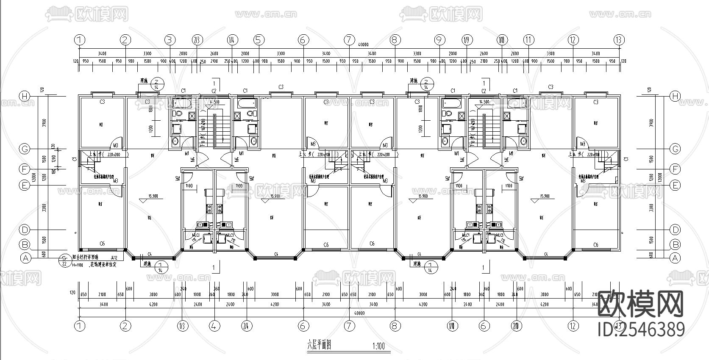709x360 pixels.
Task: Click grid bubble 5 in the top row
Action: (259, 40)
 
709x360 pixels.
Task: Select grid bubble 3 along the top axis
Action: (170, 40)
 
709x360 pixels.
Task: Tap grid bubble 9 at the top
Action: (439, 40)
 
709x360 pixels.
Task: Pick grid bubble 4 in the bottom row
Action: (214, 326)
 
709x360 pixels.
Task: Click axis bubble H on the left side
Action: (25, 96)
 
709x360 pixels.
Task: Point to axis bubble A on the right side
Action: (675, 258)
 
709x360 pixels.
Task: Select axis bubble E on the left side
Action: (25, 185)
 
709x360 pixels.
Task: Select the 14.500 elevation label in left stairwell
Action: (214, 102)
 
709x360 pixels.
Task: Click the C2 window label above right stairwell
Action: (484, 91)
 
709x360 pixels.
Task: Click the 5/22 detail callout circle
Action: (64, 260)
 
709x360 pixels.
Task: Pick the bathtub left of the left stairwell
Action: (184, 104)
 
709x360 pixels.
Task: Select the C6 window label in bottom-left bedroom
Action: (102, 243)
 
